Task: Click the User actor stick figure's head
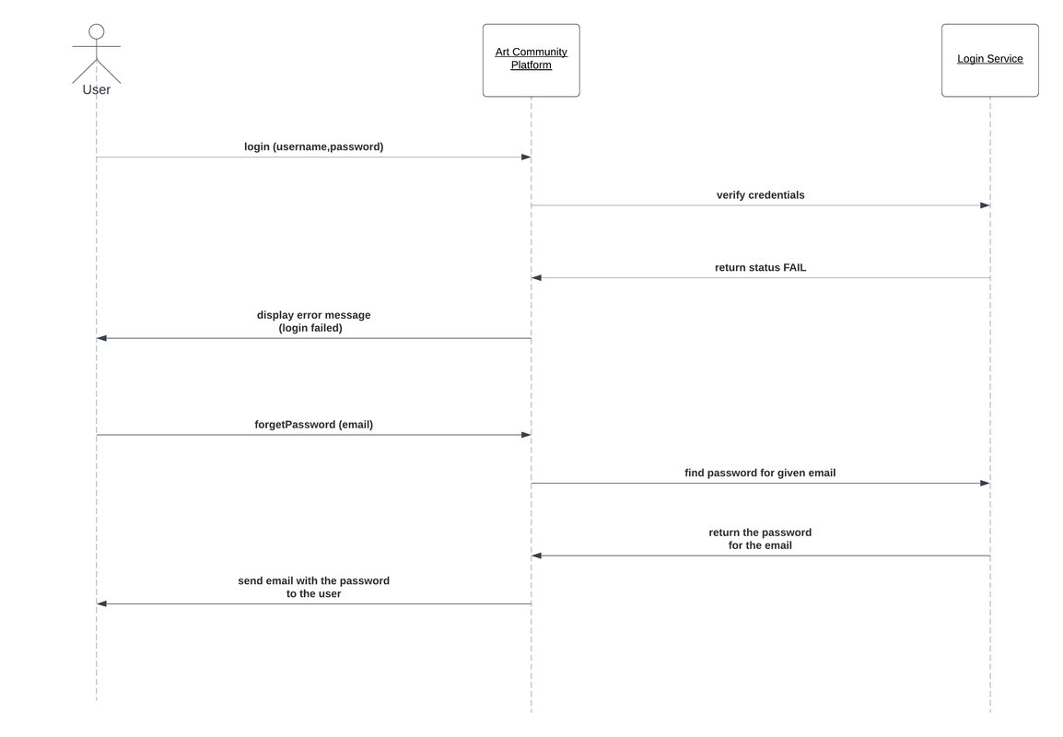(x=97, y=32)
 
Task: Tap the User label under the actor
(x=97, y=89)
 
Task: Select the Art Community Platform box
(x=531, y=60)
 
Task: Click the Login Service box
(x=989, y=60)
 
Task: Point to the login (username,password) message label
(x=313, y=146)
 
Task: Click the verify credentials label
(x=760, y=195)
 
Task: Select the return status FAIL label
(x=760, y=268)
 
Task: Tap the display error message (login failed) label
(x=313, y=322)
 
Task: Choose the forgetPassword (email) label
(x=313, y=425)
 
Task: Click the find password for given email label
(x=760, y=473)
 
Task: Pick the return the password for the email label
(x=760, y=539)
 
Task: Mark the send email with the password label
(x=313, y=587)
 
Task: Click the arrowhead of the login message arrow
(x=526, y=158)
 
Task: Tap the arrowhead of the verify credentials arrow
(x=985, y=205)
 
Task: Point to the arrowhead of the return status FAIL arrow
(x=537, y=278)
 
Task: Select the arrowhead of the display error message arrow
(x=102, y=338)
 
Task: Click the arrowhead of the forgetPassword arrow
(x=526, y=435)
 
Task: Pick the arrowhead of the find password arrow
(x=985, y=483)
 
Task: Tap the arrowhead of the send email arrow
(x=102, y=604)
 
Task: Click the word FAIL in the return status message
(x=794, y=268)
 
